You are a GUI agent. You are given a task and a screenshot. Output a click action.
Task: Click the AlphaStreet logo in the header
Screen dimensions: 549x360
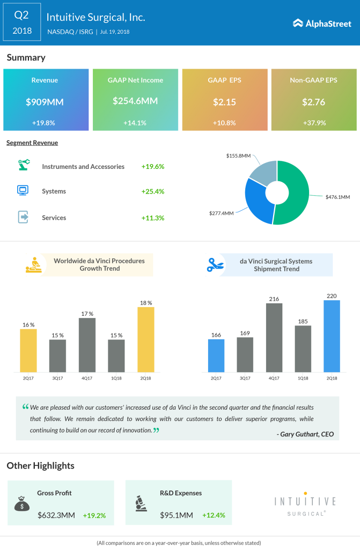coord(322,23)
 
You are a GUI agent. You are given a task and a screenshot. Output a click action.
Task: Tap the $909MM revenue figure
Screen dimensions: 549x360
coord(46,101)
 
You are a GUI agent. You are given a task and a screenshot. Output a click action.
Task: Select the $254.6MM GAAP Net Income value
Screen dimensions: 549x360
coord(135,101)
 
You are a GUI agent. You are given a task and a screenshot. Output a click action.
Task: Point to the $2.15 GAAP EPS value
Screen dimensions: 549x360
coord(224,101)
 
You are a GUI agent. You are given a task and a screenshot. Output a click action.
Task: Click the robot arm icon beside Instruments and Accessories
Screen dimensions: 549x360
coord(24,166)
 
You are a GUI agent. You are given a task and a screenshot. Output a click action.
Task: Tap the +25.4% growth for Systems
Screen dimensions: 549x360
coord(152,191)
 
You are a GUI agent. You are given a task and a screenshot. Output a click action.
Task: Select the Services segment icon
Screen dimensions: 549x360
coord(24,217)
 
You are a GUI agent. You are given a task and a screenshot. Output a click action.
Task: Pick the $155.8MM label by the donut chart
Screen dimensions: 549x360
coord(239,155)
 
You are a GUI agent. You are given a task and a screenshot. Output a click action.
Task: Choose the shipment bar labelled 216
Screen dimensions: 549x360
coord(274,338)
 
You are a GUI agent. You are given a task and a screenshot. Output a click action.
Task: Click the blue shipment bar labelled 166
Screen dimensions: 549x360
coord(216,355)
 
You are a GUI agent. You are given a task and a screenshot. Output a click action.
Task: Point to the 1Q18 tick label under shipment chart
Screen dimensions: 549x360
coord(303,378)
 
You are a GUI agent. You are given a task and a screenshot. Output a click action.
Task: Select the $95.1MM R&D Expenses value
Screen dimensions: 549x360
coord(177,515)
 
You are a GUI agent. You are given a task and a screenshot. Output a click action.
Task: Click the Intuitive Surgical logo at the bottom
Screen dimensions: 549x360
coord(305,504)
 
